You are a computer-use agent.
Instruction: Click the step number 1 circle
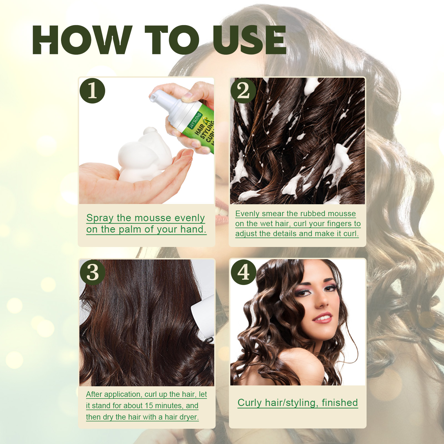click(92, 91)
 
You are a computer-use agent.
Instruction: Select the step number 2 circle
click(243, 91)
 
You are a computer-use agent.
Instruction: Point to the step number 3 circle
click(92, 272)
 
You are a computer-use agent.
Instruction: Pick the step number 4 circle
click(243, 272)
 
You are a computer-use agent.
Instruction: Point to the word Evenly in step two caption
click(248, 214)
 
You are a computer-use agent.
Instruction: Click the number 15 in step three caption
click(149, 406)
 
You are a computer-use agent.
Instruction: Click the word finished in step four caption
click(340, 403)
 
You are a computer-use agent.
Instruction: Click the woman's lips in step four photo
click(323, 318)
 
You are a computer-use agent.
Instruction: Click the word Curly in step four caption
click(249, 403)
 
